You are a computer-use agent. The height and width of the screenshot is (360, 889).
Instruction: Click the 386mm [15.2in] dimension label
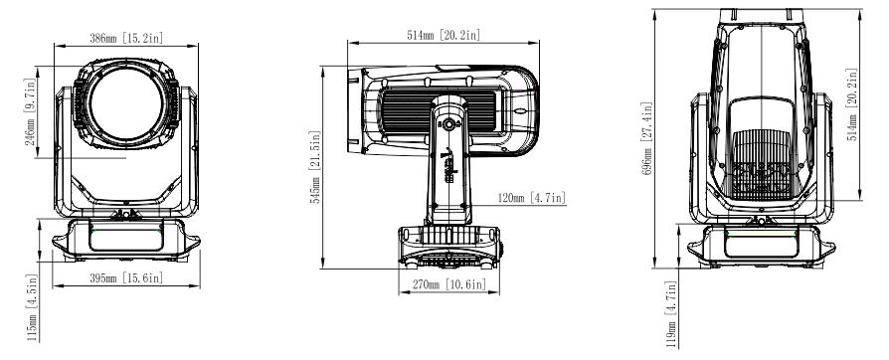[x=126, y=38]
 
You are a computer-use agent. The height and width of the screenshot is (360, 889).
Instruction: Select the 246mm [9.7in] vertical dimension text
[x=31, y=111]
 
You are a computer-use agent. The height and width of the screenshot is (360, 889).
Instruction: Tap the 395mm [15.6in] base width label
[x=126, y=277]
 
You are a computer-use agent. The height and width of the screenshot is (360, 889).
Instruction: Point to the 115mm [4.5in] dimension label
[x=31, y=308]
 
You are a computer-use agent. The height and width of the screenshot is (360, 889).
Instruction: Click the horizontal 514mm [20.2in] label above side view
[x=444, y=35]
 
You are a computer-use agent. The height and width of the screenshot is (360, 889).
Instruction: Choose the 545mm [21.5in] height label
[x=314, y=167]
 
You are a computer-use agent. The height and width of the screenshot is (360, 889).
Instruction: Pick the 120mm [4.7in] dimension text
[x=531, y=197]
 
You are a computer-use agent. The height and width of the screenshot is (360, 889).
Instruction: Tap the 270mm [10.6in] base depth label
[x=449, y=284]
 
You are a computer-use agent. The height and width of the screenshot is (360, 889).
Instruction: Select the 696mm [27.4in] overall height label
[x=647, y=138]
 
